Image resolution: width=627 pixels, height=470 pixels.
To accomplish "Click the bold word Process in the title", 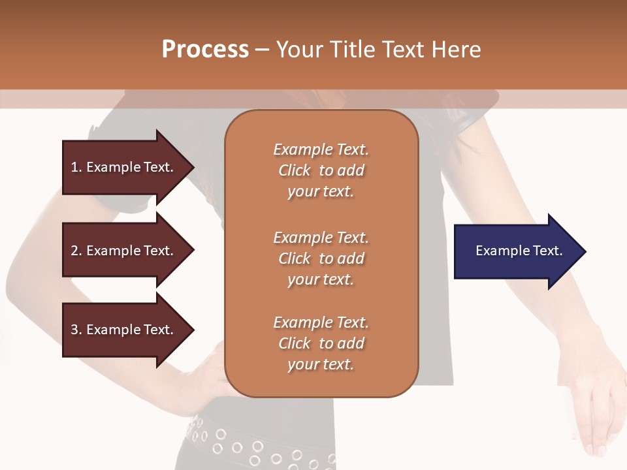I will tap(205, 50).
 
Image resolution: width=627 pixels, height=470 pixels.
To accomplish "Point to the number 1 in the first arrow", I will tap(74, 167).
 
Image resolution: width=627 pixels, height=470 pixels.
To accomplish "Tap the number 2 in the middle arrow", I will tap(74, 251).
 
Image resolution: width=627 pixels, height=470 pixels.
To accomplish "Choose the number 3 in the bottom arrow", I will tap(74, 330).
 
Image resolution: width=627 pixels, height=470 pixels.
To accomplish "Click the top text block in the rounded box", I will tap(321, 170).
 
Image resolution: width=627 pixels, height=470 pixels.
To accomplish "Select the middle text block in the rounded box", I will tap(321, 258).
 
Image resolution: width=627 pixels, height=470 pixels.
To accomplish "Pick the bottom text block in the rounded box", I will tap(321, 343).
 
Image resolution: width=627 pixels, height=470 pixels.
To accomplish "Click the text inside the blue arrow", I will tap(519, 251).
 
